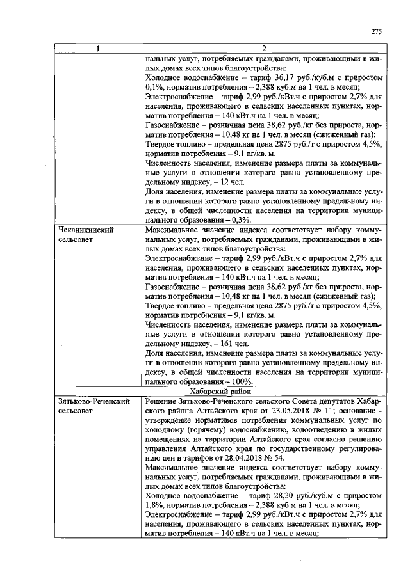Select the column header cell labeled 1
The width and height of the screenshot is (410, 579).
pyautogui.click(x=98, y=49)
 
